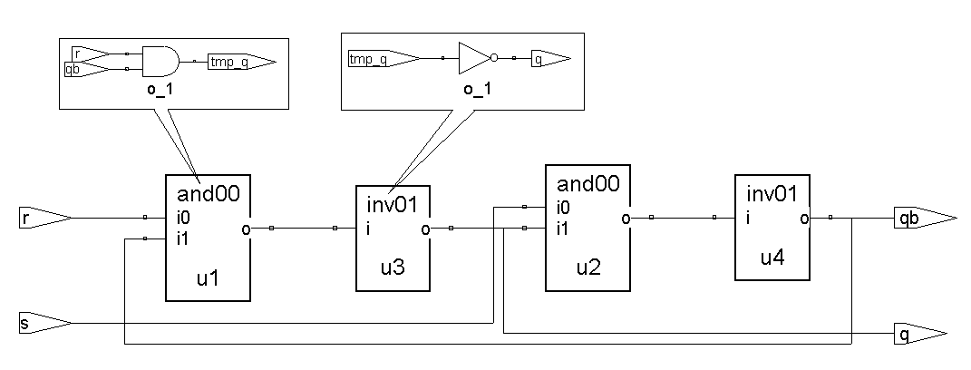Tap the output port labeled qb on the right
[x=922, y=218]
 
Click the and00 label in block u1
[x=207, y=193]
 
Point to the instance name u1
[x=208, y=278]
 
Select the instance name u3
[x=393, y=268]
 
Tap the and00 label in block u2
[x=587, y=184]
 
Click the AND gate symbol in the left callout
[x=160, y=61]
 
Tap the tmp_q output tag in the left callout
[x=238, y=62]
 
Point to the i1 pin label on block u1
[x=183, y=239]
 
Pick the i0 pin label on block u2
[x=563, y=207]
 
